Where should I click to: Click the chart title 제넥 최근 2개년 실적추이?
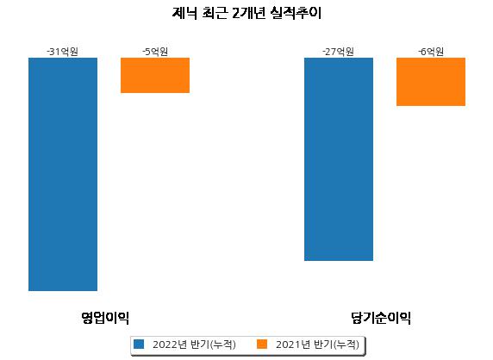246,13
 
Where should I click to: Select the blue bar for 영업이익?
63,174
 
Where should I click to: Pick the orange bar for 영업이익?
155,76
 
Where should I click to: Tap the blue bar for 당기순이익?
339,159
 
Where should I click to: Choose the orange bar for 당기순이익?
431,82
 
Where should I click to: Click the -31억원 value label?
63,52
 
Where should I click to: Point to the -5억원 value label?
155,52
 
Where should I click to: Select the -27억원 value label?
339,52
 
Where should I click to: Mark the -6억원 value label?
431,52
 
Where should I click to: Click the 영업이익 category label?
105,318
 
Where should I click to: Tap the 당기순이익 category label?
381,318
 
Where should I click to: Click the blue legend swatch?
139,344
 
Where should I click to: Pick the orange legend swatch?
262,344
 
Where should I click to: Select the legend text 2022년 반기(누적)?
194,344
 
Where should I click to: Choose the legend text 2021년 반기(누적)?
317,344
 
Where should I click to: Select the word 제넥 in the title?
184,13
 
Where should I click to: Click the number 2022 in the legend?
165,344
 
